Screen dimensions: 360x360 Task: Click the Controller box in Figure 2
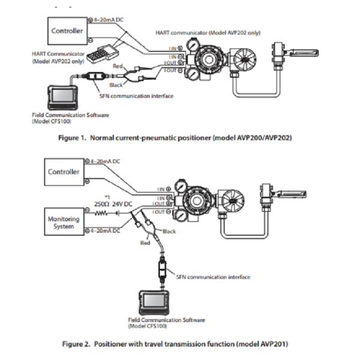(x=64, y=172)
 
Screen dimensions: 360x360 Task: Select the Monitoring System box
(x=64, y=223)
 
